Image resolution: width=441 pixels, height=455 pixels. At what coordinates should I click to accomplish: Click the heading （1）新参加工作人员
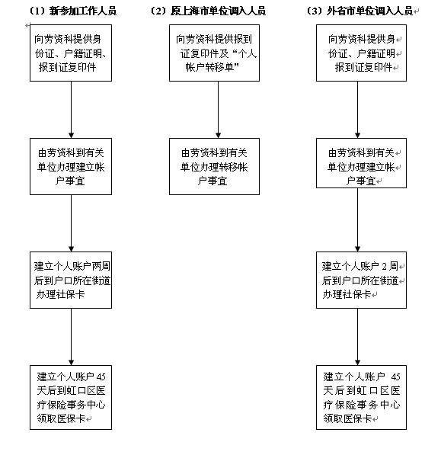coord(72,11)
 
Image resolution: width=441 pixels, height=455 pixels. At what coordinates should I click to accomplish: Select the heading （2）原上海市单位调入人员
coord(207,11)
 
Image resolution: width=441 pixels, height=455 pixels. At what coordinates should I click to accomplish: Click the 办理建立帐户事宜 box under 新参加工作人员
coord(71,166)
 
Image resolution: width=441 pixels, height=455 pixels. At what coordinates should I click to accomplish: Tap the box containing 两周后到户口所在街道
coord(71,280)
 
